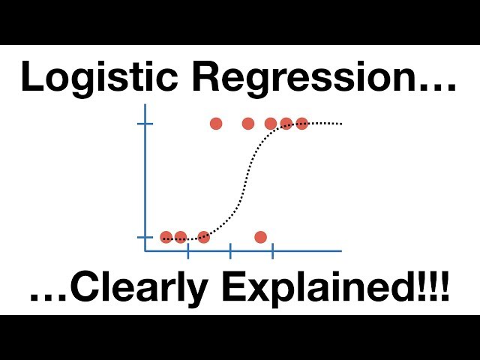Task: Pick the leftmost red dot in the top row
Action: tap(216, 124)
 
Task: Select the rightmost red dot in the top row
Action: tap(301, 124)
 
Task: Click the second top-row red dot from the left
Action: tap(248, 124)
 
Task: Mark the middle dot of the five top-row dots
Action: tap(271, 124)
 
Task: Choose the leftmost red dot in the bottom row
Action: tap(166, 237)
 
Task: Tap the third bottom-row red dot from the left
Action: tap(203, 237)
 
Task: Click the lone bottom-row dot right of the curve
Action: tap(260, 237)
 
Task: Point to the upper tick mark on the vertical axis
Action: tap(145, 124)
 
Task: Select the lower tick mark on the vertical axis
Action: tap(145, 237)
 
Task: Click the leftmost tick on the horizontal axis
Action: tap(187, 251)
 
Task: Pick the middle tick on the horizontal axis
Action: tap(230, 251)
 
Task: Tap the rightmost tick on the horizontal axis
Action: tap(272, 251)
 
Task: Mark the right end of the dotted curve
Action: tap(341, 123)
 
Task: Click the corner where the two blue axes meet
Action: tap(145, 251)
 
